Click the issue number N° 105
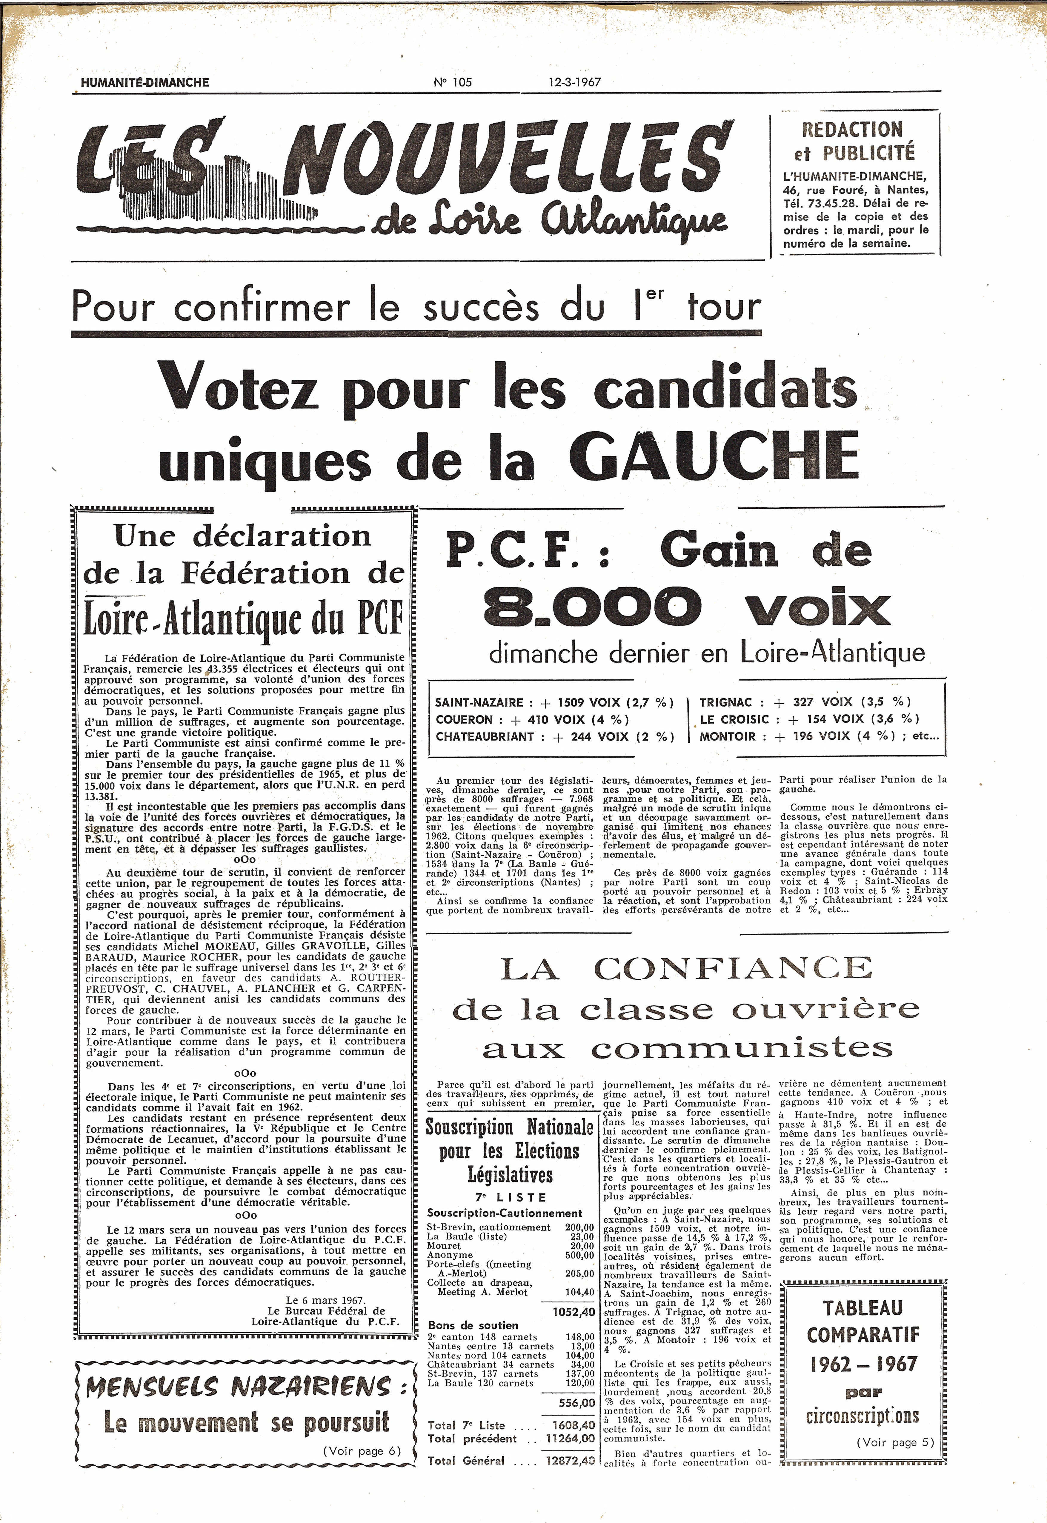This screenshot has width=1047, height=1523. point(453,82)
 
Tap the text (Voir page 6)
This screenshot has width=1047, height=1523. point(362,1451)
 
